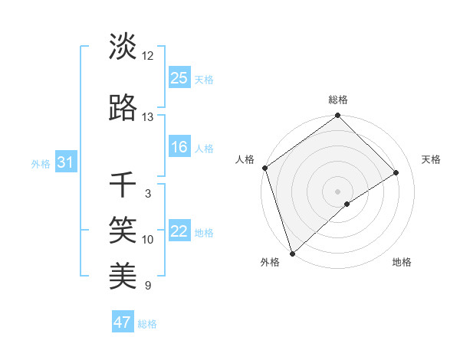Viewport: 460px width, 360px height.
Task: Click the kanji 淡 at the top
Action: tap(123, 47)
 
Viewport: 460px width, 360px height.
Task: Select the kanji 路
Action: tap(123, 109)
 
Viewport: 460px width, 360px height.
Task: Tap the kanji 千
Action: tap(123, 185)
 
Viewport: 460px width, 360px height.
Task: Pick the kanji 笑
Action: tap(123, 229)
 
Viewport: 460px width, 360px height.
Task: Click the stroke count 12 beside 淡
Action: tap(148, 56)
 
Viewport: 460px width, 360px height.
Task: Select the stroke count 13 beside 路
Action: tap(148, 117)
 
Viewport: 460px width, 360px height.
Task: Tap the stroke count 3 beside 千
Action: tap(148, 194)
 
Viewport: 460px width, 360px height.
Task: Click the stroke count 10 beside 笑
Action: tap(148, 240)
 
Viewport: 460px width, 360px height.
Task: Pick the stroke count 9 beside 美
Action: tap(148, 286)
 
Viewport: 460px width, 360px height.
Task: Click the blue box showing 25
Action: tap(179, 78)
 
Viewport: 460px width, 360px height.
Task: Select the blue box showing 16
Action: tap(179, 148)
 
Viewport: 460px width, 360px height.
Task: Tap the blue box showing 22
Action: tap(179, 232)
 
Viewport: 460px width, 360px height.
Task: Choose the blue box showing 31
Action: tap(65, 162)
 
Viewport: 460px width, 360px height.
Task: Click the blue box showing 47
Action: tap(123, 322)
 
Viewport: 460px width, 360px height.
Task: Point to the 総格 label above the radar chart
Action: tap(338, 100)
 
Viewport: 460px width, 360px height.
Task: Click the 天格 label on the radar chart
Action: tap(432, 159)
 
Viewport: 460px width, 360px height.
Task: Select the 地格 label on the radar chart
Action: tap(402, 263)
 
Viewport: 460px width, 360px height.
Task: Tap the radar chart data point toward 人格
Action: tap(264, 168)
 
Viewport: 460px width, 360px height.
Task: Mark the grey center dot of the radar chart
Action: tap(337, 191)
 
